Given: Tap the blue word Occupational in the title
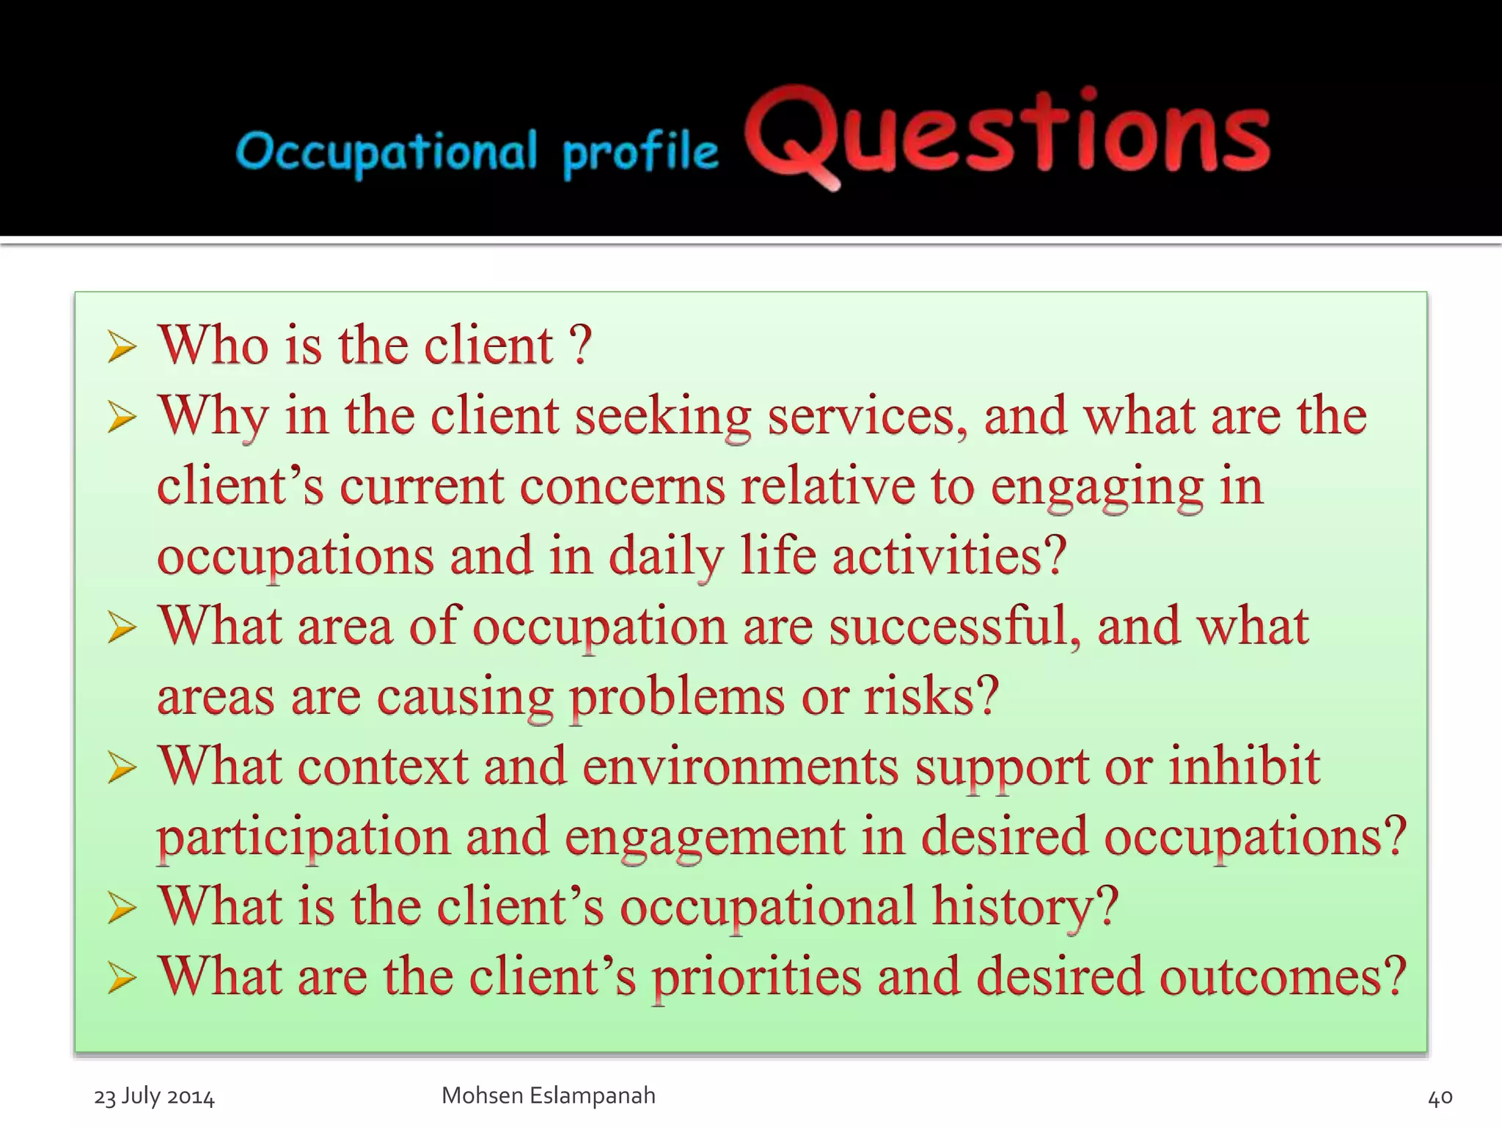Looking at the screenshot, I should (387, 153).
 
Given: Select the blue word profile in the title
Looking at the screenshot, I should (640, 154).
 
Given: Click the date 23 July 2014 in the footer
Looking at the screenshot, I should (154, 1097).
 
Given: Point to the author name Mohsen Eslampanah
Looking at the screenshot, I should (548, 1095).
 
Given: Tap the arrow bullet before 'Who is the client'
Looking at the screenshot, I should (121, 346).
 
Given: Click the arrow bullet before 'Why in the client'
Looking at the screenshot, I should (121, 417).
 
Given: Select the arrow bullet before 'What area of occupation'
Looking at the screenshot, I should (121, 627).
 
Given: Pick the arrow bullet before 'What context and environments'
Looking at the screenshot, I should (121, 767).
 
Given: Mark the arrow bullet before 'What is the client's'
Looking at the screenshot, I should (121, 908).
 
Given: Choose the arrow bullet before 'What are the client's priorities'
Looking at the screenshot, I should (121, 978).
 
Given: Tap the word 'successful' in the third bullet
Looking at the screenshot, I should (954, 626).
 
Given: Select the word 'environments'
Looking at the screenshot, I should (741, 766).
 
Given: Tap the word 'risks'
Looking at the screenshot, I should (931, 696).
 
